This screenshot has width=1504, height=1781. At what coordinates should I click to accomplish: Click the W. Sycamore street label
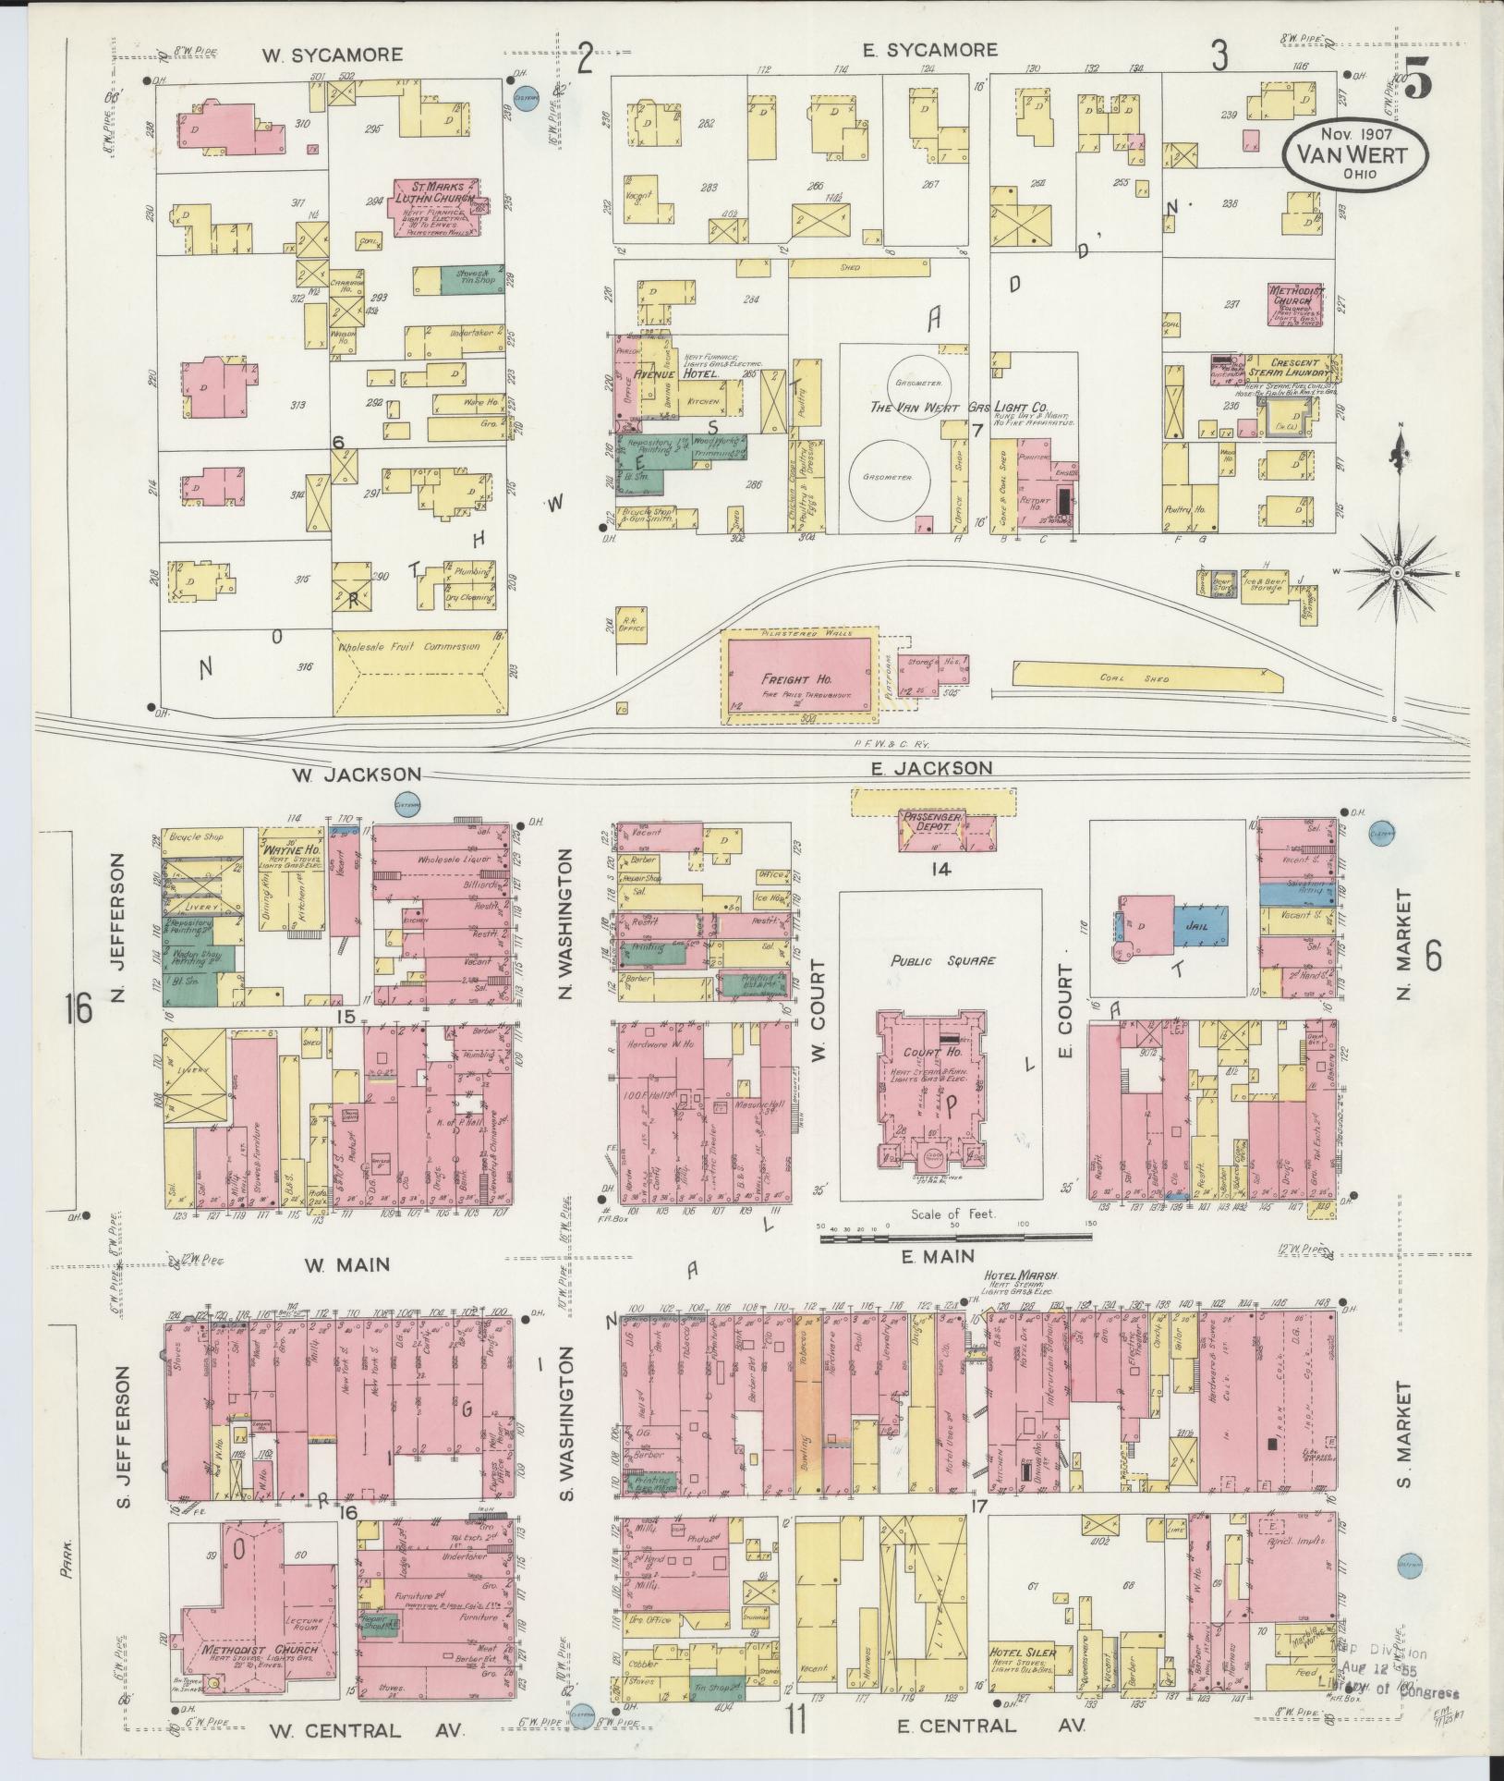(332, 55)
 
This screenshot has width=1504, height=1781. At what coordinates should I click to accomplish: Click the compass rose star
(1397, 573)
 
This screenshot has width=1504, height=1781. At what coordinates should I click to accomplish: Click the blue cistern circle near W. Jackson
(407, 804)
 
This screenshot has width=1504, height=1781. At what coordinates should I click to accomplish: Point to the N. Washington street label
(566, 923)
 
